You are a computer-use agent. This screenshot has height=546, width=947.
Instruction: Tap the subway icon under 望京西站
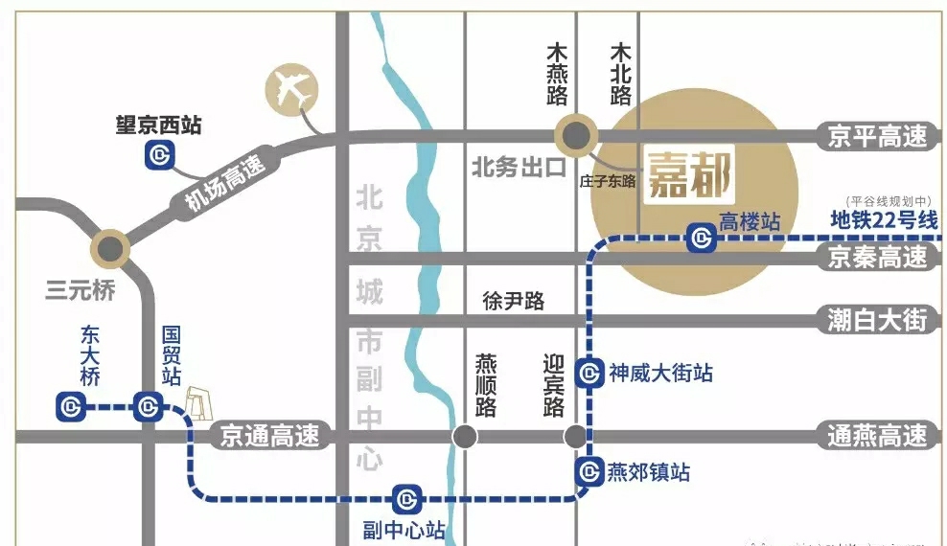(x=158, y=154)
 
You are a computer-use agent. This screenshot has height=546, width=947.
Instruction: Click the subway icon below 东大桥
(x=70, y=407)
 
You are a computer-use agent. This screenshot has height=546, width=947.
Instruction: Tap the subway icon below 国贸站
(x=147, y=407)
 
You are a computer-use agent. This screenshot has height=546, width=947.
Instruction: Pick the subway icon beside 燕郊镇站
(x=589, y=471)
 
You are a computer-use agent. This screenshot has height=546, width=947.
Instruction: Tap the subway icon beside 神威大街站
(x=589, y=373)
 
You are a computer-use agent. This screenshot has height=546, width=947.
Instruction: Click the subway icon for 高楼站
(x=703, y=238)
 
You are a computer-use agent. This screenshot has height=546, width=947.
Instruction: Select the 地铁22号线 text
(x=883, y=219)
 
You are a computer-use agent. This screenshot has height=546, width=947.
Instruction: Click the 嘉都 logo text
(x=690, y=174)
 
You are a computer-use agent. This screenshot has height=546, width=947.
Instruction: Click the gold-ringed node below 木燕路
(x=578, y=135)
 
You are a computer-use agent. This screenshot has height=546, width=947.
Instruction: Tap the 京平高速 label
(x=879, y=136)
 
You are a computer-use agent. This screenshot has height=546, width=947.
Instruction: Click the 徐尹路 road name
(x=513, y=301)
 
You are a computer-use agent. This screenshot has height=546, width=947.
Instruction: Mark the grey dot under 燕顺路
(x=465, y=437)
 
